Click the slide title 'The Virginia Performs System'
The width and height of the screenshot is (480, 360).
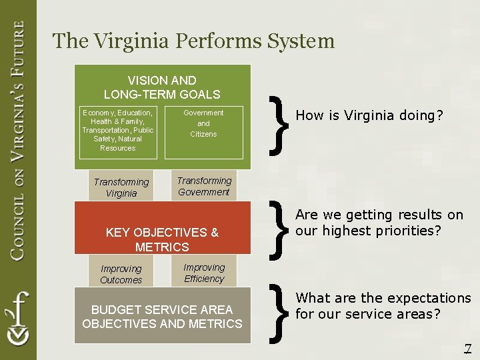[x=193, y=41]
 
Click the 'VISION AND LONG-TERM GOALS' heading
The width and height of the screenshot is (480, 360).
[x=162, y=87]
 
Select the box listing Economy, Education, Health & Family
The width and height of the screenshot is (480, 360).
[x=118, y=131]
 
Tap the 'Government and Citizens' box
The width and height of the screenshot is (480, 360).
[x=203, y=123]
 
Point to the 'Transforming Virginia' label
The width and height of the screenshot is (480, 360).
[x=121, y=187]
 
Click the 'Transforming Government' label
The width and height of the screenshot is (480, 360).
[x=204, y=186]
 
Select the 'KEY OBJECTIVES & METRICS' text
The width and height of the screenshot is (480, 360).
[x=162, y=239]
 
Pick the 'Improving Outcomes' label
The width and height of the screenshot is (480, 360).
[x=121, y=274]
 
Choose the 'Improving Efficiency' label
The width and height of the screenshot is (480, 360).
[x=204, y=273]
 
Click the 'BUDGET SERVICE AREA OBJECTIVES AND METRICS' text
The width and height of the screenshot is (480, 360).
[x=162, y=317]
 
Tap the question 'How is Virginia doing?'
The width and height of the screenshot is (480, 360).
[x=369, y=115]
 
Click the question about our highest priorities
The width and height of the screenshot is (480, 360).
[x=379, y=223]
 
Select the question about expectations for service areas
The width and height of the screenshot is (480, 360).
[x=383, y=305]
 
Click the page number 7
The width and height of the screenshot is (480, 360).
[x=467, y=348]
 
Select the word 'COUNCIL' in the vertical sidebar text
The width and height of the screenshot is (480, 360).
[x=18, y=223]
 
